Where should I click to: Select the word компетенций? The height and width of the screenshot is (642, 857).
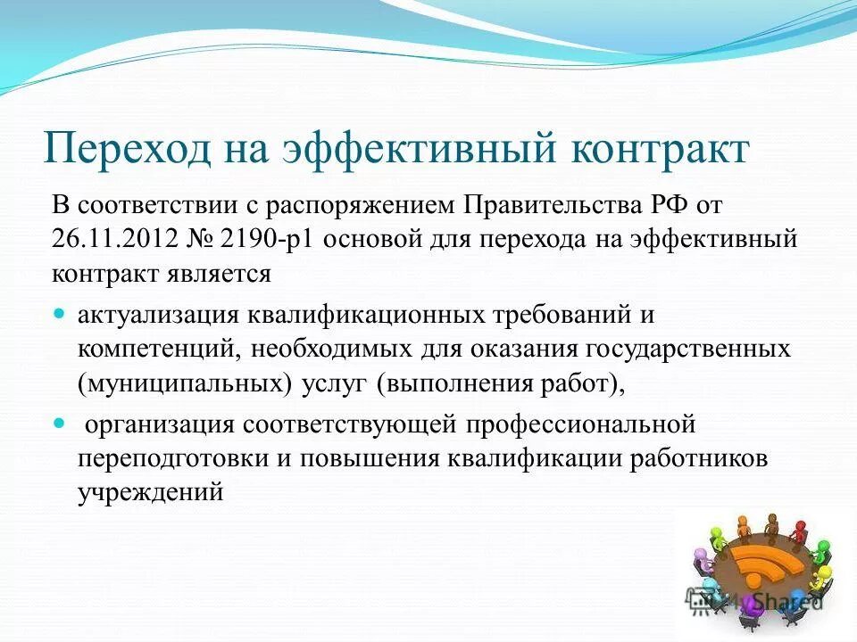pyautogui.click(x=156, y=349)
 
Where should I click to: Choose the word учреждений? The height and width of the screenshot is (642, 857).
pyautogui.click(x=150, y=491)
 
